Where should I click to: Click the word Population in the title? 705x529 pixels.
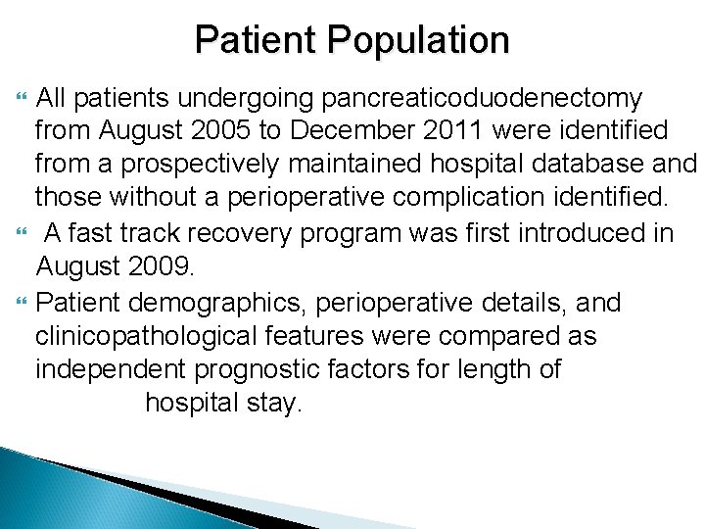coord(420,40)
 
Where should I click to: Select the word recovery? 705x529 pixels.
coord(236,233)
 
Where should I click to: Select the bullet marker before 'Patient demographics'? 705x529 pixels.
coord(22,301)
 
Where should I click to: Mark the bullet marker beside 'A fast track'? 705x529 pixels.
coord(22,233)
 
